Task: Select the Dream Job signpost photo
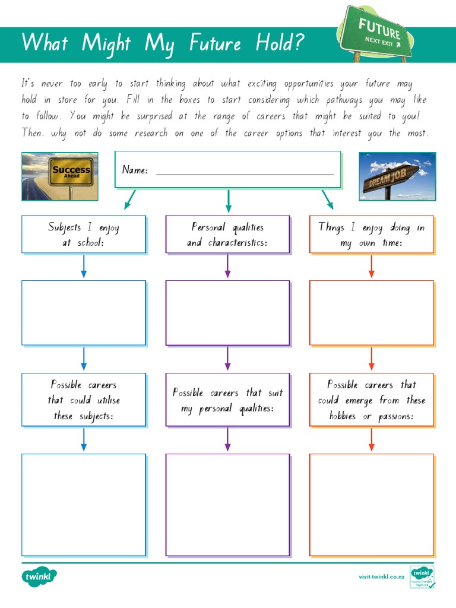[x=397, y=176]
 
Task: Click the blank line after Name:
[x=245, y=171]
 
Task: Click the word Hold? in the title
[x=280, y=43]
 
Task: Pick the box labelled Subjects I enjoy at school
[x=84, y=235]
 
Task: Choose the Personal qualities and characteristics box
[x=227, y=235]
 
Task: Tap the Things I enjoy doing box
[x=372, y=235]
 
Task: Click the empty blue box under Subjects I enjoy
[x=84, y=312]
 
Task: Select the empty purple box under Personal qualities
[x=227, y=312]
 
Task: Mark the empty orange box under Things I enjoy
[x=372, y=312]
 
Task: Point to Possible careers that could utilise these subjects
[x=84, y=400]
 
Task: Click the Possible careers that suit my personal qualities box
[x=227, y=400]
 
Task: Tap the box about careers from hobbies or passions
[x=372, y=400]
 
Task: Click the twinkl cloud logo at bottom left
[x=40, y=576]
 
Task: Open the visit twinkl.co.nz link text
[x=381, y=577]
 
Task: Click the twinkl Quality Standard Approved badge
[x=422, y=577]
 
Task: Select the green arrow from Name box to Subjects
[x=130, y=199]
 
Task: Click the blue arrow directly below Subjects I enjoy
[x=84, y=267]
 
